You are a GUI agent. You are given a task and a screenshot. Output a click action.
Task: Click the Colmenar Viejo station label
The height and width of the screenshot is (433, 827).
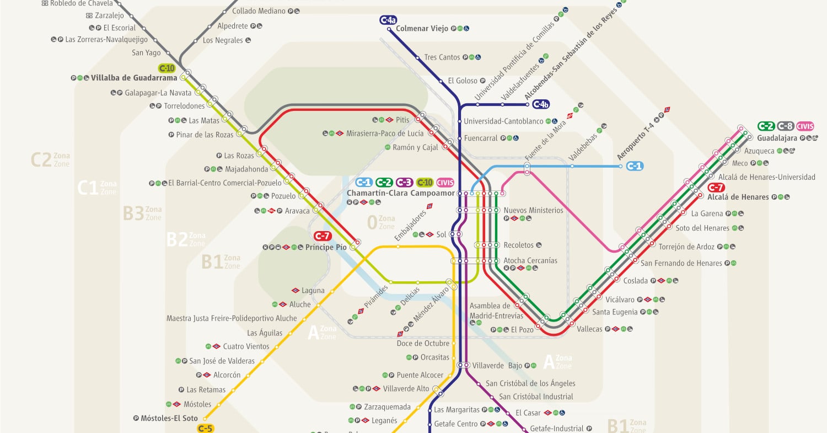click(x=422, y=29)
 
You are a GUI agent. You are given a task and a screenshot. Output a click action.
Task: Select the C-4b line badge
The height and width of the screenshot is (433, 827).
click(x=540, y=104)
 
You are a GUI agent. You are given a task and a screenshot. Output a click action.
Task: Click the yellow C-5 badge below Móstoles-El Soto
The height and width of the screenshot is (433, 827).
click(x=205, y=428)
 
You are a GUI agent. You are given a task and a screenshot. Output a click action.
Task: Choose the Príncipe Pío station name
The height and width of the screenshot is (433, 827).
click(x=326, y=247)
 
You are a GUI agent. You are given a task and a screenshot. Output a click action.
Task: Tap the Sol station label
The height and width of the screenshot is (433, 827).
click(x=441, y=234)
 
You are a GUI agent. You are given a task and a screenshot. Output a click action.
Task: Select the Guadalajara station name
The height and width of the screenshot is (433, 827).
click(x=777, y=138)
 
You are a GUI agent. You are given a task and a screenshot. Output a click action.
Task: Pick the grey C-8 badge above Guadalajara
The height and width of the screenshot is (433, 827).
click(x=785, y=126)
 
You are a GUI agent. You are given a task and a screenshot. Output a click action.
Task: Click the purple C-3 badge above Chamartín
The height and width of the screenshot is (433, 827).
click(x=404, y=183)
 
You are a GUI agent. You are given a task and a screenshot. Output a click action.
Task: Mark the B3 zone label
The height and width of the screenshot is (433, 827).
click(x=133, y=213)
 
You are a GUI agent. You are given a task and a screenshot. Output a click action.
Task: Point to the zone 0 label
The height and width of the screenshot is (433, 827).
click(x=372, y=222)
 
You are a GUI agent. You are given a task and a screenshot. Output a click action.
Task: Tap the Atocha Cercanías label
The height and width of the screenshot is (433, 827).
click(x=530, y=260)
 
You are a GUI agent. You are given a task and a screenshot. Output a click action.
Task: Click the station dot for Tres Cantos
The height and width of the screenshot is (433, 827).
click(x=417, y=57)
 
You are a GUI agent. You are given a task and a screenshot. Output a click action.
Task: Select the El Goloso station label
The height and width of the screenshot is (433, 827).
click(x=462, y=81)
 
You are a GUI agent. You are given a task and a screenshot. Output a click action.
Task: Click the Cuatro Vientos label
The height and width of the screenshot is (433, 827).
click(x=246, y=346)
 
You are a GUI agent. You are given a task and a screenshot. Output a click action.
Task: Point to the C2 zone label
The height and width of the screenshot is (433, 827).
click(x=41, y=160)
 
